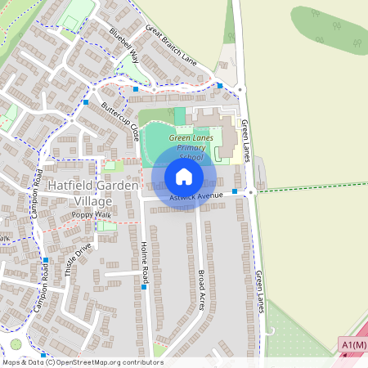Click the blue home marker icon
184,177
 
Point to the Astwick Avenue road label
196,197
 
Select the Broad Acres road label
202,289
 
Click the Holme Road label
145,257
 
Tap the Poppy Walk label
90,214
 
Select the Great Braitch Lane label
172,45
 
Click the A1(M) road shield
352,346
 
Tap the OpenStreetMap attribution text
82,362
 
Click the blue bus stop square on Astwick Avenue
235,191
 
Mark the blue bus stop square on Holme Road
144,287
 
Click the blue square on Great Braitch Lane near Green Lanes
220,85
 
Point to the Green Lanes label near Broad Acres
260,291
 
